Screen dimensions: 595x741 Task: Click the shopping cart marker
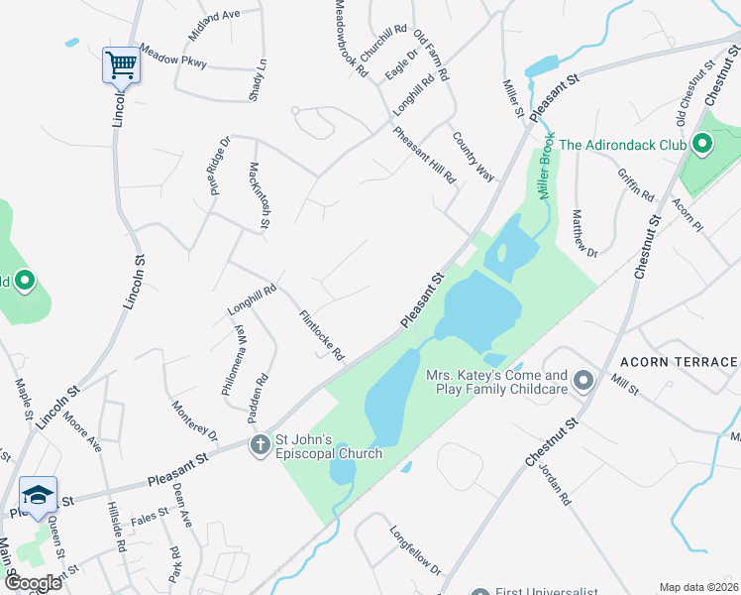click(x=121, y=66)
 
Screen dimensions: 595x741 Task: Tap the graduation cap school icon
click(x=39, y=495)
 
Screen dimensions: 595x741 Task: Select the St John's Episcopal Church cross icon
click(x=260, y=445)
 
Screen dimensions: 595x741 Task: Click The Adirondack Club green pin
click(x=702, y=145)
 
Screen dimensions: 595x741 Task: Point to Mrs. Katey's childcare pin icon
click(x=583, y=381)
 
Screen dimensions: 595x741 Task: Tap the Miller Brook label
click(x=546, y=169)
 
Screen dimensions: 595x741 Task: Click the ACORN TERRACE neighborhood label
click(x=680, y=362)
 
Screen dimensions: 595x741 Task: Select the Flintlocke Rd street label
click(x=323, y=335)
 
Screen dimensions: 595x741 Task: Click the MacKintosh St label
click(x=260, y=194)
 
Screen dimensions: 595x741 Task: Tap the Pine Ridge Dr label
click(x=218, y=167)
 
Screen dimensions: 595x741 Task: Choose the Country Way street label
click(x=473, y=156)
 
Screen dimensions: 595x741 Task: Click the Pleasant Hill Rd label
click(x=424, y=155)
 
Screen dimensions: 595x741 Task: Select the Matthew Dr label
click(x=585, y=233)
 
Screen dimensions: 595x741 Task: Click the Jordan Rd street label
click(x=555, y=484)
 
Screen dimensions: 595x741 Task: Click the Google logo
click(x=33, y=582)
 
